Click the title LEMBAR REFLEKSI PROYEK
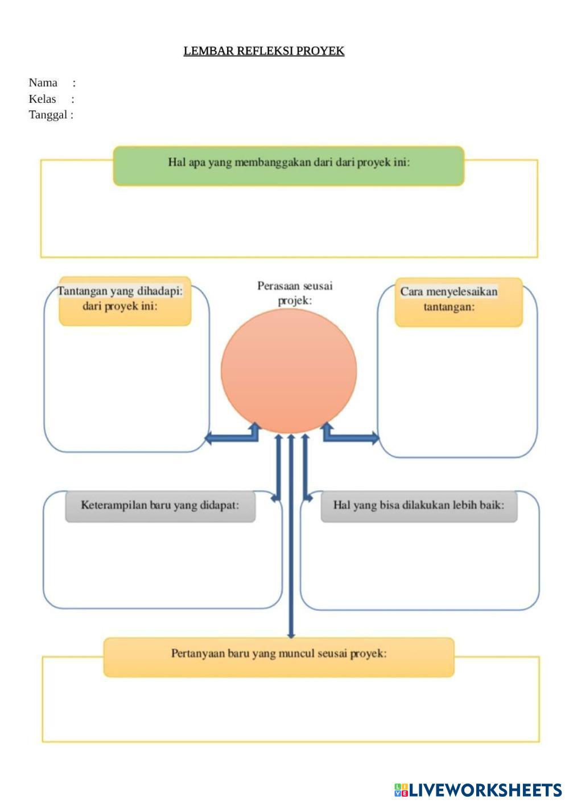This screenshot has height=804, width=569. point(263,51)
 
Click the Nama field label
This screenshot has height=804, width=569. point(43,83)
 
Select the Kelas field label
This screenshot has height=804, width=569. point(43,99)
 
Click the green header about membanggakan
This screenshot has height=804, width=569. point(288,166)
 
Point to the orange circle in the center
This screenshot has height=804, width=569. point(289,370)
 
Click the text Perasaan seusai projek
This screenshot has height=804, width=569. point(295,293)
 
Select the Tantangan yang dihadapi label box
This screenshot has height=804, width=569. point(125,301)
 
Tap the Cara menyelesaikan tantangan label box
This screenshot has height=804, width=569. point(458,302)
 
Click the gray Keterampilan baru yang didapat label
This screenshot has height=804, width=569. point(160,506)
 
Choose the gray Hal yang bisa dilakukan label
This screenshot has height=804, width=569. point(419,506)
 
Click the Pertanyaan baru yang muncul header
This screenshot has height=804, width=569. point(279,656)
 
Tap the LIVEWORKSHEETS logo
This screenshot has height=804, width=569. point(478,790)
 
